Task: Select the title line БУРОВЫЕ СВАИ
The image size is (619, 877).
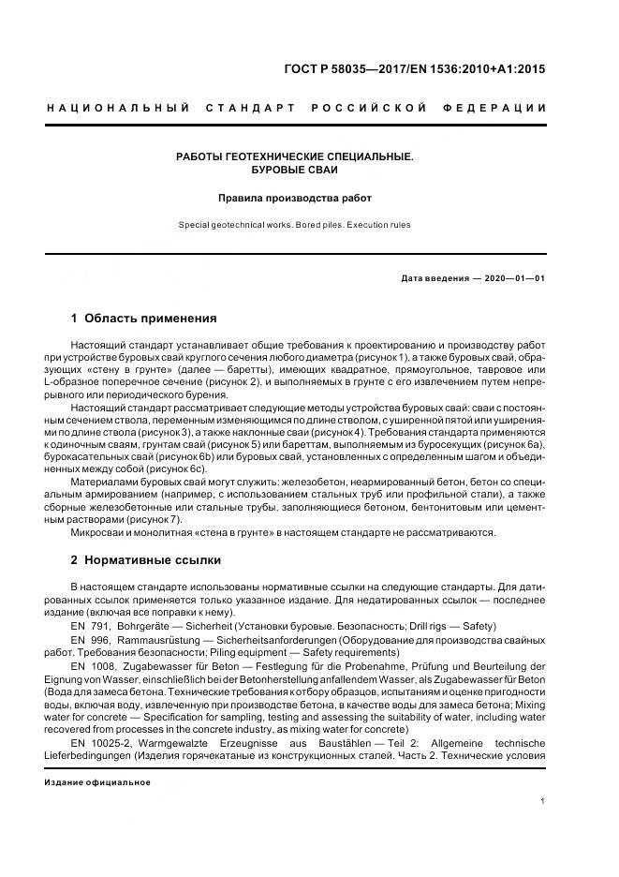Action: click(x=295, y=171)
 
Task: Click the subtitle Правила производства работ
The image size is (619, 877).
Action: click(x=295, y=198)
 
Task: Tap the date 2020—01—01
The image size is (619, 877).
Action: click(x=512, y=278)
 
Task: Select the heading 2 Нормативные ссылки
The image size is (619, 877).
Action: click(x=146, y=560)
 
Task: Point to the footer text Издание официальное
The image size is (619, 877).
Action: click(x=98, y=781)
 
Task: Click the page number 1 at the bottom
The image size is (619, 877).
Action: click(x=543, y=801)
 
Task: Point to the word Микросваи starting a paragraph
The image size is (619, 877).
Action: click(x=98, y=532)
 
